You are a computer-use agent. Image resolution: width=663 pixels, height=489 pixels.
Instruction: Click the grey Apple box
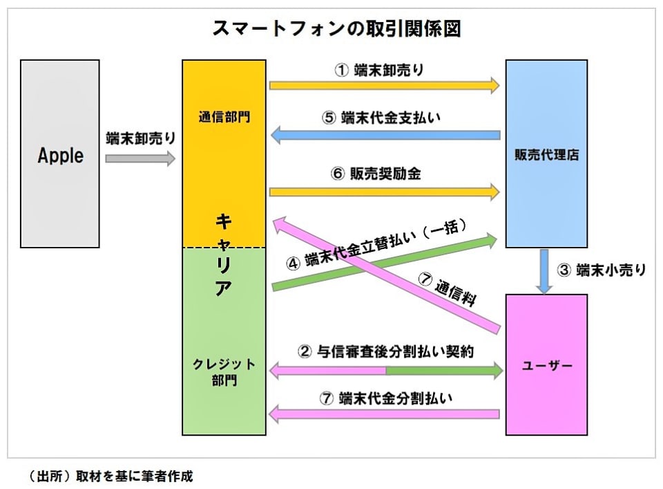[x=60, y=154]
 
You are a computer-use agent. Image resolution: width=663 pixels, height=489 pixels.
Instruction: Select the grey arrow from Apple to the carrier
[x=140, y=158]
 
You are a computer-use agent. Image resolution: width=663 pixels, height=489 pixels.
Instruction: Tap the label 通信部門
[x=224, y=117]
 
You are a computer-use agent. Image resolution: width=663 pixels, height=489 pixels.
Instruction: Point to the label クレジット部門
[x=224, y=372]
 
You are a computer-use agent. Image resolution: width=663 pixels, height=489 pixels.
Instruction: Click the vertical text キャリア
[x=223, y=256]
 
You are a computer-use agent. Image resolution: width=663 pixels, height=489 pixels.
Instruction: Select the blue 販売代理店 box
[x=546, y=154]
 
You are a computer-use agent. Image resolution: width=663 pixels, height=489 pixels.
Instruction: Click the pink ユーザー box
[x=546, y=365]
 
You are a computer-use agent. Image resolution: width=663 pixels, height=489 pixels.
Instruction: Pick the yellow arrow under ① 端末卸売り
[x=384, y=86]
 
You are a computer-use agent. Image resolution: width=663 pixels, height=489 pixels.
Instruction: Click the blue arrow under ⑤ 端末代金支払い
[x=384, y=136]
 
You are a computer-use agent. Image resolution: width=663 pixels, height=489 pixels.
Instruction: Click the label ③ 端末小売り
[x=602, y=270]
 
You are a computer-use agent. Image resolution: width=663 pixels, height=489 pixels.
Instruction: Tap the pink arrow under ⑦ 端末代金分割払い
[x=384, y=414]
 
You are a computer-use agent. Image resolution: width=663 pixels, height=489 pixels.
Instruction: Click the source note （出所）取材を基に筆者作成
[x=111, y=476]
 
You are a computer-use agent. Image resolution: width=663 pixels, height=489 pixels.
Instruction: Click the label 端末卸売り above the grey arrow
[x=140, y=138]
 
